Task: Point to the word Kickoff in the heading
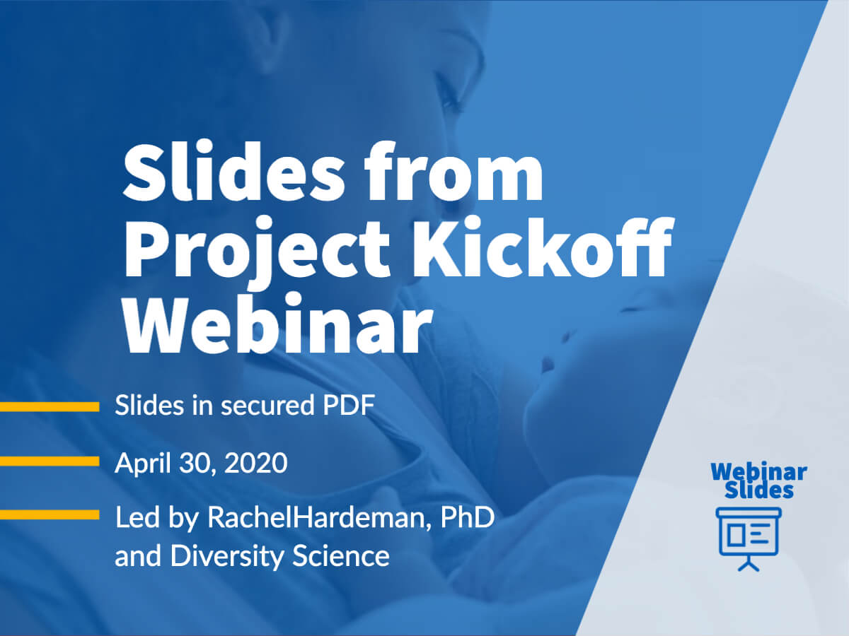tap(542, 247)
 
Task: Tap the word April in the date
tap(143, 464)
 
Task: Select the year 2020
tap(255, 464)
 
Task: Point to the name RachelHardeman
tap(319, 517)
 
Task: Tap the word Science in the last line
tap(341, 556)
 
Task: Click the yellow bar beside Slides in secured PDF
tap(50, 406)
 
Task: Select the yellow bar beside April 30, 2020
tap(50, 461)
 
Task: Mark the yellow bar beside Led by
tap(50, 514)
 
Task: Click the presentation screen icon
tap(749, 539)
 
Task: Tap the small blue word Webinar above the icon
tap(759, 472)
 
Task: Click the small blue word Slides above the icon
tap(759, 490)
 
